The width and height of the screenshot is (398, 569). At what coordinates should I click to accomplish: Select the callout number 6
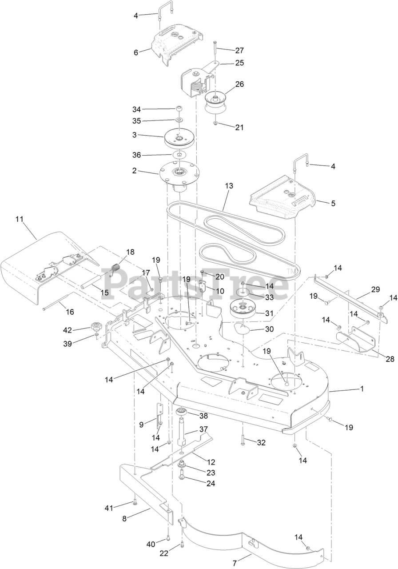point(136,52)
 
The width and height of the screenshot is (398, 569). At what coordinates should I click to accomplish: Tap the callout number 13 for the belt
point(229,185)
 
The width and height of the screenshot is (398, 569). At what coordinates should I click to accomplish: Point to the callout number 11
point(19,219)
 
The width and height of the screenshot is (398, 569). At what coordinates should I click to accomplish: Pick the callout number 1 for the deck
point(362,389)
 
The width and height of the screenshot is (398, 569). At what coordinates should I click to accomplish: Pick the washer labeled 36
point(179,155)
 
